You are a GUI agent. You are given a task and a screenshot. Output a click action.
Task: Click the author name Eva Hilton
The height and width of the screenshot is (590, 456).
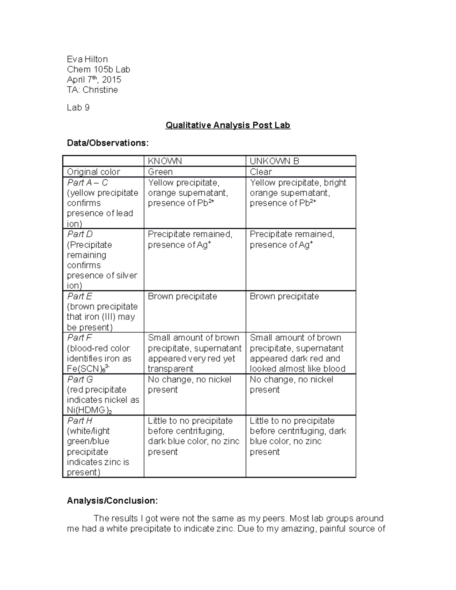(x=87, y=59)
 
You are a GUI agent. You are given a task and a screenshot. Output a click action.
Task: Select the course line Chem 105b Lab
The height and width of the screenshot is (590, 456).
(x=98, y=70)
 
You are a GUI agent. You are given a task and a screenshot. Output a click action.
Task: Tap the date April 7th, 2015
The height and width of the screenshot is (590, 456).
(x=94, y=80)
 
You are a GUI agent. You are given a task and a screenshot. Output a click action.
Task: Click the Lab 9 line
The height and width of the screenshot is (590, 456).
(x=78, y=108)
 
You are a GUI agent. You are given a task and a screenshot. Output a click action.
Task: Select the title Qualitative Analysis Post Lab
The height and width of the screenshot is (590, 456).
(x=228, y=125)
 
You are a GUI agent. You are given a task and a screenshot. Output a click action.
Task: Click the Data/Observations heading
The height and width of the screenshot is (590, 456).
(x=108, y=143)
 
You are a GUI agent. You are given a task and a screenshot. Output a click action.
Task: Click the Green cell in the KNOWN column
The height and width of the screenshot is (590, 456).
(x=160, y=172)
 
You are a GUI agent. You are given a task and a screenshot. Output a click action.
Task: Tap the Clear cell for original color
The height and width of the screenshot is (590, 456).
(x=261, y=172)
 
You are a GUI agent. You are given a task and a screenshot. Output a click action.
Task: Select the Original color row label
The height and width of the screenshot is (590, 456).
(x=93, y=172)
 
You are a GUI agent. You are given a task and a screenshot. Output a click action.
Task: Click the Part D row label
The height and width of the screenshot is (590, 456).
(x=80, y=234)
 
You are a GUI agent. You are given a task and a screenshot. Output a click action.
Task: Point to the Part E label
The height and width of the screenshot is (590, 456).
(x=79, y=296)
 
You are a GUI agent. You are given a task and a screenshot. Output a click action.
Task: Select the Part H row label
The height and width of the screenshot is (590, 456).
(x=80, y=421)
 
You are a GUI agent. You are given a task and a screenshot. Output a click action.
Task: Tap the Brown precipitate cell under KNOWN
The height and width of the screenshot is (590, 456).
(x=182, y=296)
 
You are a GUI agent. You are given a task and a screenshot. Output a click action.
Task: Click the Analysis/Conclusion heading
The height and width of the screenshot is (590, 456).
(x=112, y=501)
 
